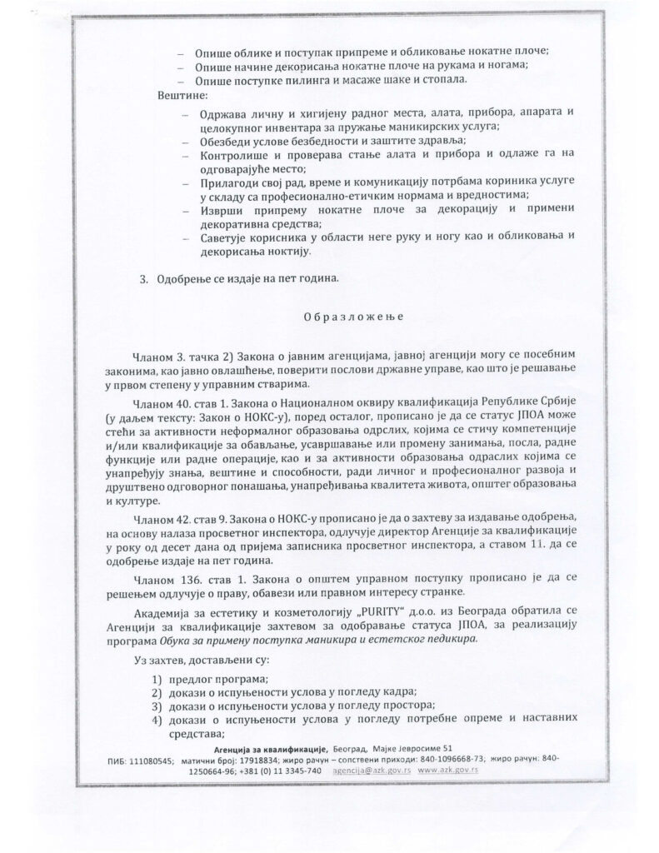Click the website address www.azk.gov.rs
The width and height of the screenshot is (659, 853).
447,771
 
